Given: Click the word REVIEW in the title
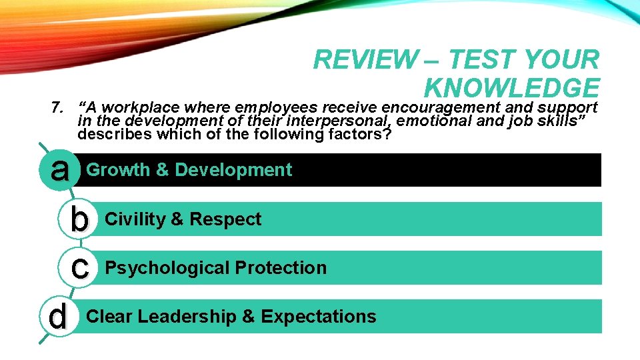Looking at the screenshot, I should tap(363, 60).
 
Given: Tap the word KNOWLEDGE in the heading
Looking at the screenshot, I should tap(511, 88).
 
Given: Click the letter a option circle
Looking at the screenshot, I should tap(60, 169).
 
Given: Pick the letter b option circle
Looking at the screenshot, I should tap(79, 219).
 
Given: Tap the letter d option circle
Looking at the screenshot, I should tap(59, 316).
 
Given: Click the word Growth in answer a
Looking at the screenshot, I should tap(118, 170).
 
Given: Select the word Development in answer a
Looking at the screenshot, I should tap(233, 170).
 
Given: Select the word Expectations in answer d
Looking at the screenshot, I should tap(319, 316).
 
